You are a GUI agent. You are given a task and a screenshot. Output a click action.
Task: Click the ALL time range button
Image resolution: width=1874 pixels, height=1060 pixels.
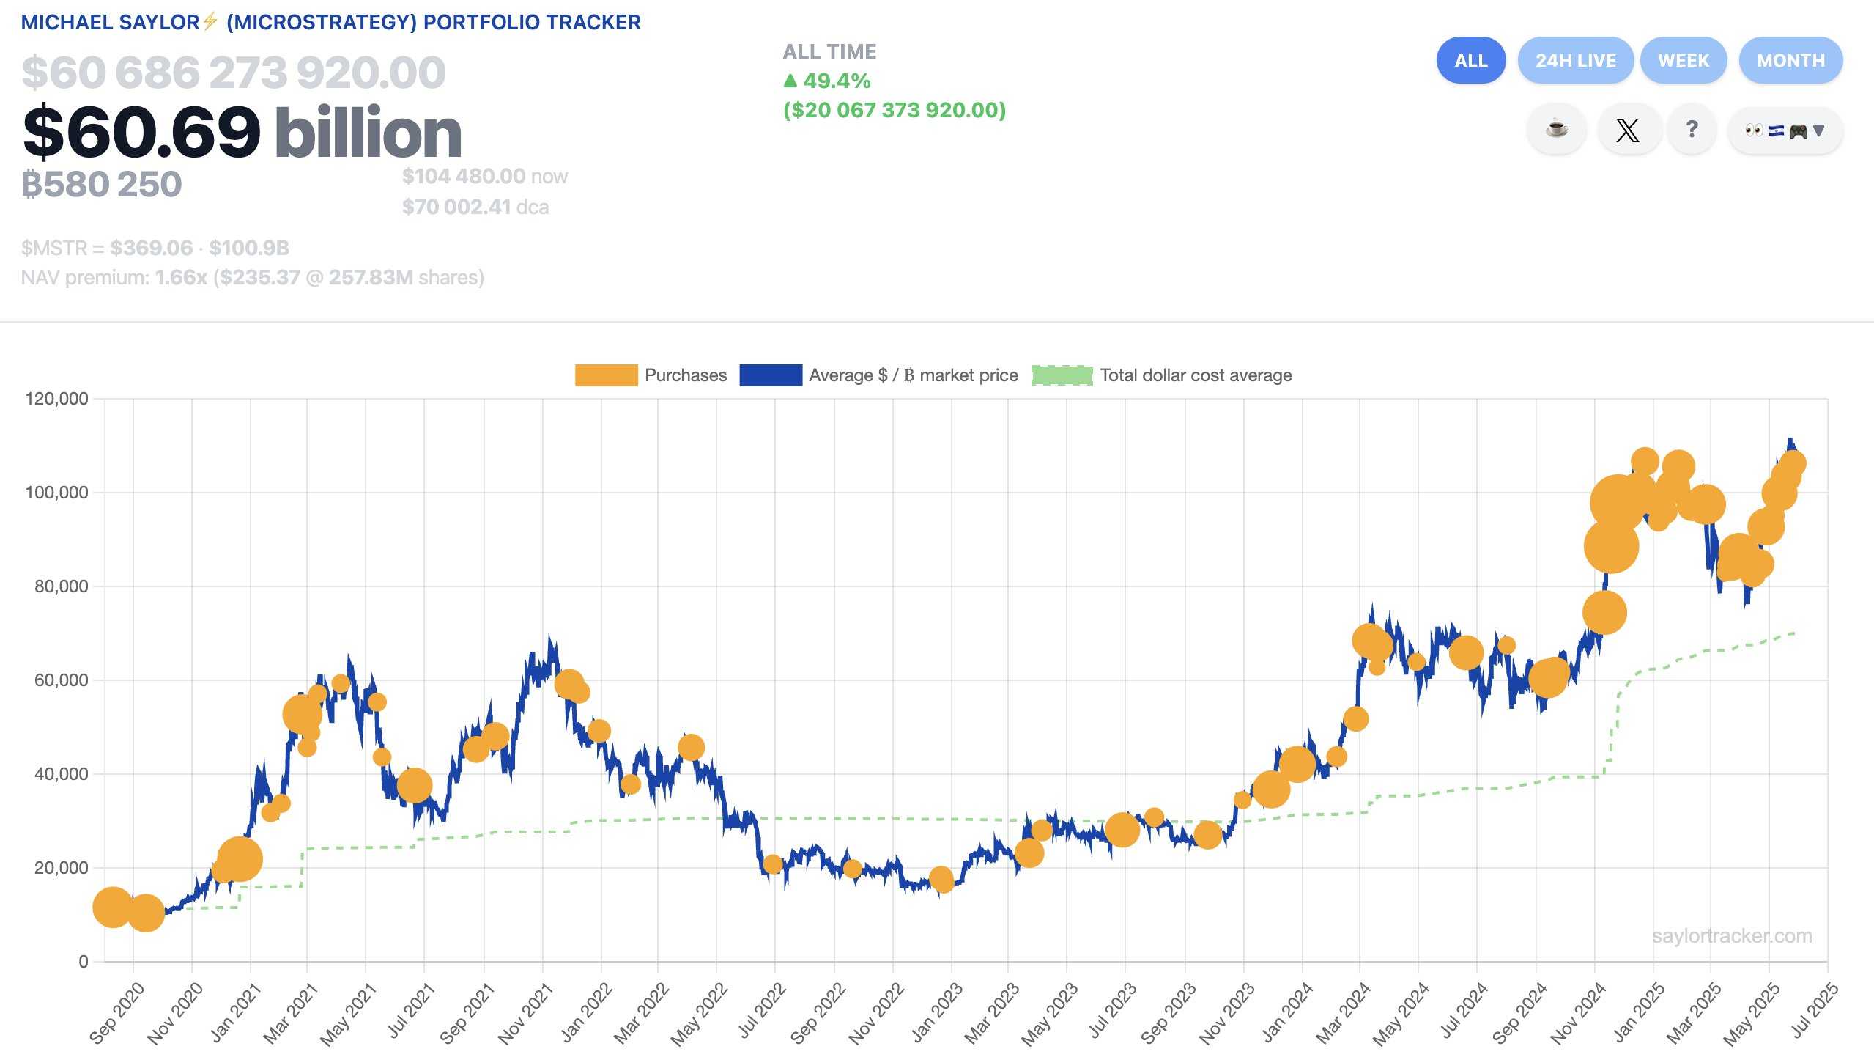[1470, 60]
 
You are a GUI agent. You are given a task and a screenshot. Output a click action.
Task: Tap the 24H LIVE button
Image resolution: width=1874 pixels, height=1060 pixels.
[1575, 60]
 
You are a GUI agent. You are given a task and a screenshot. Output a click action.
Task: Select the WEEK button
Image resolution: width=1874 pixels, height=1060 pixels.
[1683, 60]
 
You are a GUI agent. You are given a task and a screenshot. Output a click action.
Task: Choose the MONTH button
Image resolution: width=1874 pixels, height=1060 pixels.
[1790, 60]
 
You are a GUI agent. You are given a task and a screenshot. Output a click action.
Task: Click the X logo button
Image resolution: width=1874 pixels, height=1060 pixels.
[1628, 130]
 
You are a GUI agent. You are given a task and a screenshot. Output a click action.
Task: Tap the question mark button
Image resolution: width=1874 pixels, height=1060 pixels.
[1692, 130]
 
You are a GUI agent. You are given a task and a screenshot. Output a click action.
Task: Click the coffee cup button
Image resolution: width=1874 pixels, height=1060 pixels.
[1557, 130]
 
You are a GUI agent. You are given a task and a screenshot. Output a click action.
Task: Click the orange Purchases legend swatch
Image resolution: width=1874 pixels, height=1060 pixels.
[606, 375]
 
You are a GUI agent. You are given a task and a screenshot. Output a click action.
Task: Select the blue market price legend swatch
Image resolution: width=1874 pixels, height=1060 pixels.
[770, 375]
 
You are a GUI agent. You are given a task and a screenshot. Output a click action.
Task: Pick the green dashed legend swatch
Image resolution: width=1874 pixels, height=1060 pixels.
[1062, 375]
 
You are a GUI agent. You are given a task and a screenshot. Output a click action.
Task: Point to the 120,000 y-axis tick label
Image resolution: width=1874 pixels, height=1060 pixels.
[56, 399]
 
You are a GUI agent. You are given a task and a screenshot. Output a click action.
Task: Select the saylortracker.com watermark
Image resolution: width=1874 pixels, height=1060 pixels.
[1731, 936]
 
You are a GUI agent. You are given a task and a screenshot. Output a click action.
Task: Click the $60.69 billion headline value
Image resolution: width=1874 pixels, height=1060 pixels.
[242, 133]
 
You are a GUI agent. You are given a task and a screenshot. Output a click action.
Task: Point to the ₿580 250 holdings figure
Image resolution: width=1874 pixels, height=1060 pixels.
[102, 184]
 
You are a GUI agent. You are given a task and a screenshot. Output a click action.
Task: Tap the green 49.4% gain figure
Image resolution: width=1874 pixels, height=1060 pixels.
[828, 81]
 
